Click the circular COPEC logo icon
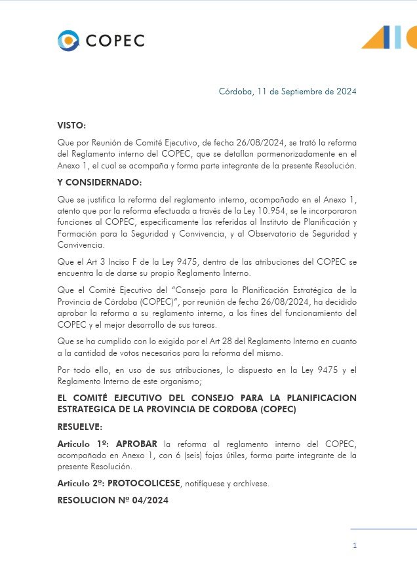(x=68, y=41)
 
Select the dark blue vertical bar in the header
(x=387, y=37)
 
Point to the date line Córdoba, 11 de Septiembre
(x=288, y=92)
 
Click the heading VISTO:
(x=71, y=125)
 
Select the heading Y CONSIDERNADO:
(x=99, y=182)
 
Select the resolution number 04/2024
(x=145, y=501)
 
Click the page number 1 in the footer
(x=355, y=545)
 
